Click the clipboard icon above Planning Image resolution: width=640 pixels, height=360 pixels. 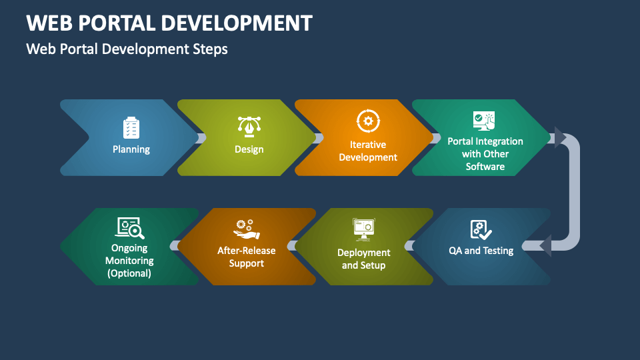coord(131,127)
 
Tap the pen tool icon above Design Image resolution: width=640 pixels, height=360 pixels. coord(249,127)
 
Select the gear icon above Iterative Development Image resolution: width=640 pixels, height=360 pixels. coord(368,121)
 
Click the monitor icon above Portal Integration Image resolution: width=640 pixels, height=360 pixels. coord(484,121)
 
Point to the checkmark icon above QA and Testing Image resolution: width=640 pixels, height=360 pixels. coord(481,230)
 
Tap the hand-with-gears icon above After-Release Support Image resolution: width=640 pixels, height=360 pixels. coord(247,229)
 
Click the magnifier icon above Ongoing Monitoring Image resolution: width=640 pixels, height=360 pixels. coord(130,228)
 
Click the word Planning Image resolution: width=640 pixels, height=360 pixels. coord(131,149)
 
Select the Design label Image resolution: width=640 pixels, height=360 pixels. coord(249,149)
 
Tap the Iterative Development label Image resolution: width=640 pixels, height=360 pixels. coord(368,151)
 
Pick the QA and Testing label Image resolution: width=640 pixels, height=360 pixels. coord(481,251)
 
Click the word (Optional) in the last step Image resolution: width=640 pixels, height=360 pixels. coord(129,273)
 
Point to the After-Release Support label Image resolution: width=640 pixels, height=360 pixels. coord(247,257)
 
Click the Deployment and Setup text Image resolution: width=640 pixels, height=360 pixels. coord(364,259)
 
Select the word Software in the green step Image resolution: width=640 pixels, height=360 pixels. coord(485,167)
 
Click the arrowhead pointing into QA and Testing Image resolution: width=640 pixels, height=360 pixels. coord(546,246)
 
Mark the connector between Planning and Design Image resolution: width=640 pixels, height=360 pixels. coord(201,138)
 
